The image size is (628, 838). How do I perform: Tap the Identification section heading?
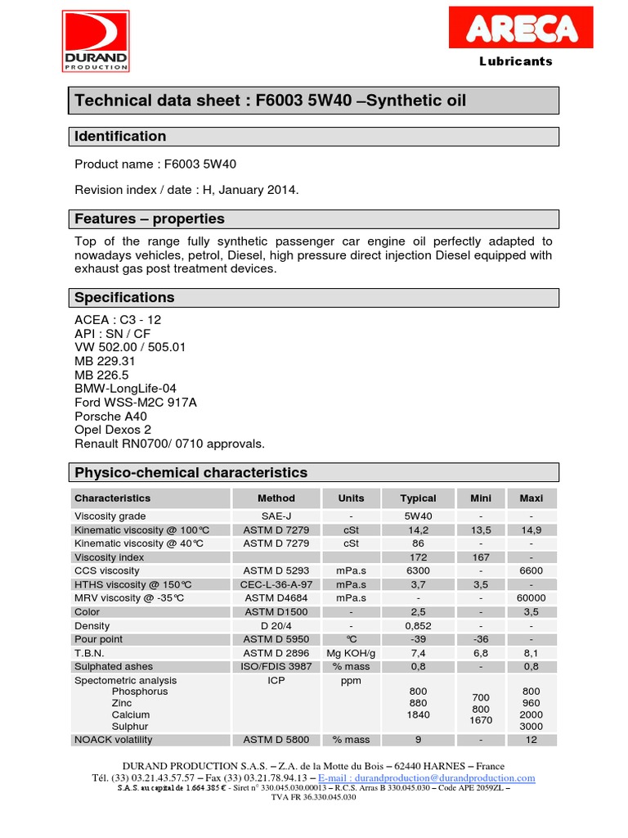coord(120,137)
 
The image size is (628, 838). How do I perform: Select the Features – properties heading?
coord(149,219)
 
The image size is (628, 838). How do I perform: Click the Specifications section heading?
coord(124,298)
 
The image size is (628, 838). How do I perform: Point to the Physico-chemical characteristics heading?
coord(191,473)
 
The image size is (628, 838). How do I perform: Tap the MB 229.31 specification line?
coord(105,360)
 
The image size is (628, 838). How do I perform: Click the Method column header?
coord(276,498)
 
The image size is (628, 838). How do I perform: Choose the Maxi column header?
coord(531,498)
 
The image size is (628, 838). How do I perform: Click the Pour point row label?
coord(98,639)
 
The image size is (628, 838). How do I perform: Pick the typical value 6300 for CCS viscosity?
coord(418,571)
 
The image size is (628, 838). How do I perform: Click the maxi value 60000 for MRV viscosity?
coord(531,598)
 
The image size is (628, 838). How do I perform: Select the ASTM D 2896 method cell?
coord(276,653)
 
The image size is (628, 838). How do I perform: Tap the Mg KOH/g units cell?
coord(351,653)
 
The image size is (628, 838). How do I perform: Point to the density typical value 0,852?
coord(418,626)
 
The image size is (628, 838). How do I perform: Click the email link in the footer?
coord(427,778)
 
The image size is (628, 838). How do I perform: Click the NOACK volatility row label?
coord(113,740)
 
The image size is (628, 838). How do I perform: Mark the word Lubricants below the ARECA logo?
coord(515,61)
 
